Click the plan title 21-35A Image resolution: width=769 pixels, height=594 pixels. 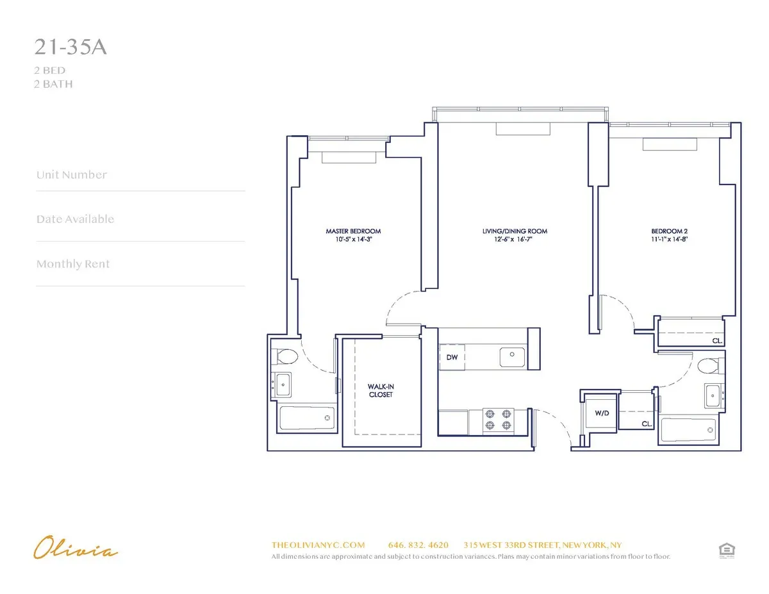pyautogui.click(x=70, y=49)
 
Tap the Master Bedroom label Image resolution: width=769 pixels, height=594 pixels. pyautogui.click(x=353, y=231)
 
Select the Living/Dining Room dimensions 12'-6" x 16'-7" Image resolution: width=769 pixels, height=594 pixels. pyautogui.click(x=515, y=240)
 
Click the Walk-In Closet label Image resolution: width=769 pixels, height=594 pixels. pyautogui.click(x=380, y=391)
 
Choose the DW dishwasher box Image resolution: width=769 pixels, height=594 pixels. pyautogui.click(x=452, y=357)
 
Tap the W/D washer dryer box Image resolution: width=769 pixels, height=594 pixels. pyautogui.click(x=602, y=413)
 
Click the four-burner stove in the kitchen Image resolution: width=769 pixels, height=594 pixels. pyautogui.click(x=499, y=419)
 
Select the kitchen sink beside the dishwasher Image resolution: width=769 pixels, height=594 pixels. pyautogui.click(x=512, y=354)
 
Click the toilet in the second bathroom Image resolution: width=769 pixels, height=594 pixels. pyautogui.click(x=709, y=367)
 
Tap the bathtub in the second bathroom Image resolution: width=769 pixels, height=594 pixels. pyautogui.click(x=688, y=430)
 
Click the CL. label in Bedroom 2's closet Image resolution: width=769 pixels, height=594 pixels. pyautogui.click(x=717, y=342)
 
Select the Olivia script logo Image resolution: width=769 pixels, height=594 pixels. pyautogui.click(x=76, y=549)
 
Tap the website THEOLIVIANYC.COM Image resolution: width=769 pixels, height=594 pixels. pyautogui.click(x=318, y=545)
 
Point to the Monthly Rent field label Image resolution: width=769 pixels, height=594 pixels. pyautogui.click(x=73, y=264)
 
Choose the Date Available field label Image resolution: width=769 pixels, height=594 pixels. pyautogui.click(x=75, y=219)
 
